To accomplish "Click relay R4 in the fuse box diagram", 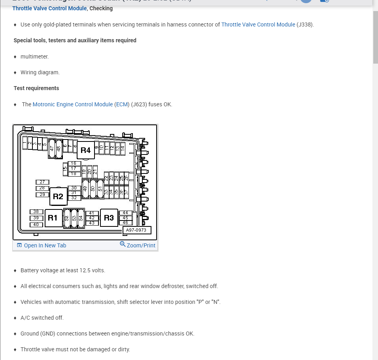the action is point(85,150).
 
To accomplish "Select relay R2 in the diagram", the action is point(58,196).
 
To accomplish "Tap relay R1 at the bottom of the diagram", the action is point(53,218).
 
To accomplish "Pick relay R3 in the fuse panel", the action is point(109,218).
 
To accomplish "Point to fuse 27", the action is point(42,182).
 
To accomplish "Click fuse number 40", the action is point(36,224).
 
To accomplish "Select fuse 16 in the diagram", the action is point(74,163).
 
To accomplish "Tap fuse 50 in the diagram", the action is point(93,189).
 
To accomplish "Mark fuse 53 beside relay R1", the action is point(74,218).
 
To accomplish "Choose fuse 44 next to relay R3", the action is point(125,213).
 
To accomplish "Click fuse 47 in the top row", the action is point(51,148).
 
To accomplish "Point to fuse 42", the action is point(92,218).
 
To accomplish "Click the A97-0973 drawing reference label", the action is point(136,230).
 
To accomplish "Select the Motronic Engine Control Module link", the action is point(73,104).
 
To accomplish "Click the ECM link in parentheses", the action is point(122,104).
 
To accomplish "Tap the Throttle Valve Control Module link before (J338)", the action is point(258,25).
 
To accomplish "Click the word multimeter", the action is point(35,57).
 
